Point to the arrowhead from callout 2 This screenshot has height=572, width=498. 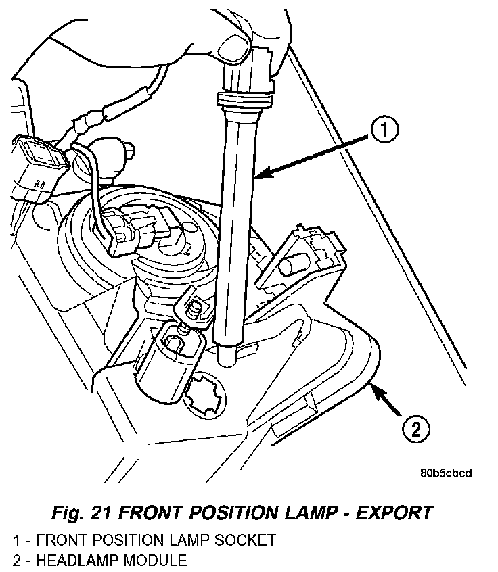tap(373, 390)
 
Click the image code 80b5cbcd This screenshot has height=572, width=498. tap(445, 473)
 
